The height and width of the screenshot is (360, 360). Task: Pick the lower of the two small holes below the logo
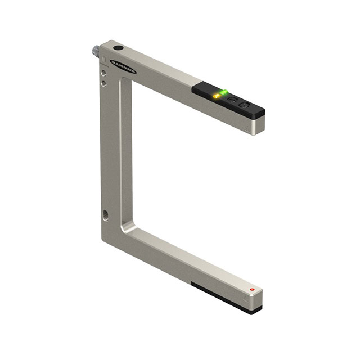click(103, 83)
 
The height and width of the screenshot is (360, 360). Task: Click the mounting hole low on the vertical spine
click(106, 214)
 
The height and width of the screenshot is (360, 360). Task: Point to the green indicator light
click(223, 92)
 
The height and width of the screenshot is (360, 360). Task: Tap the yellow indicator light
click(215, 97)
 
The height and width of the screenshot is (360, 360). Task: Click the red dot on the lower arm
click(252, 290)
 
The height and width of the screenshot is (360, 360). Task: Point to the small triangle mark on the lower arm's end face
click(246, 303)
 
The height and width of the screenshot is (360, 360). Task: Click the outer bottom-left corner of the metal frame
click(102, 239)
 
